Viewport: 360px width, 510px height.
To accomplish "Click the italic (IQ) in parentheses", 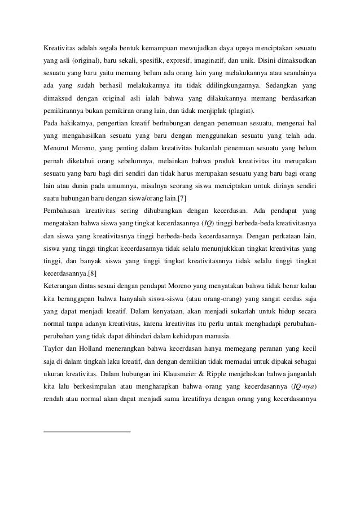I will tap(208, 224).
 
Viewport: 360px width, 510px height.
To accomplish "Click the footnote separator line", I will tap(87, 432).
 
